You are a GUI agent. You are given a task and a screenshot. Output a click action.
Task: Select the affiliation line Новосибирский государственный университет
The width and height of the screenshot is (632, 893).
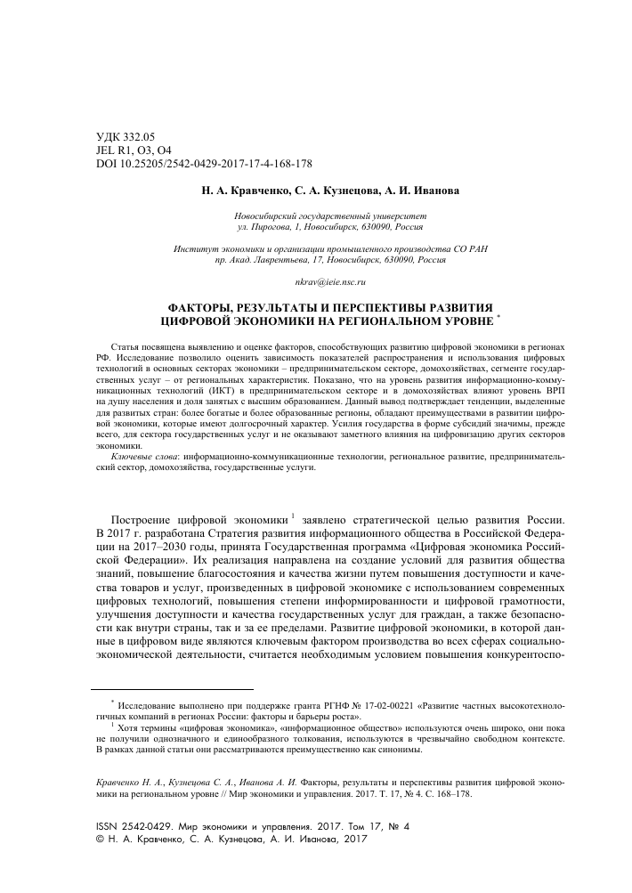pyautogui.click(x=316, y=216)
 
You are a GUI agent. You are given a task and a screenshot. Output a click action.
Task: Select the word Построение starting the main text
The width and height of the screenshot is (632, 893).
pyautogui.click(x=150, y=518)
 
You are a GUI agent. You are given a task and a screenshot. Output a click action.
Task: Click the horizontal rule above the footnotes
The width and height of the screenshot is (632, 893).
pyautogui.click(x=174, y=689)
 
